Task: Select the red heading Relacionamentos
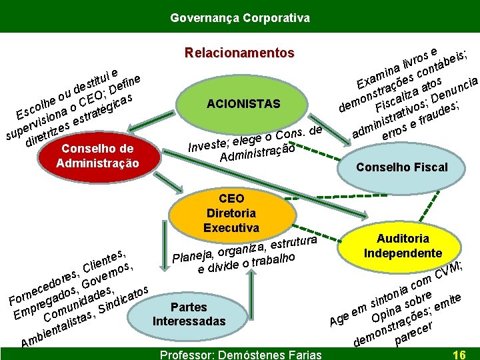[239, 53]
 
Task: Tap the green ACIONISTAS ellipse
[243, 104]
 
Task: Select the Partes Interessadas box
[189, 314]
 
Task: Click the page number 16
[459, 354]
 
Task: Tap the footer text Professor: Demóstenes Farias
[239, 354]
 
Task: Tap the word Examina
[377, 77]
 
